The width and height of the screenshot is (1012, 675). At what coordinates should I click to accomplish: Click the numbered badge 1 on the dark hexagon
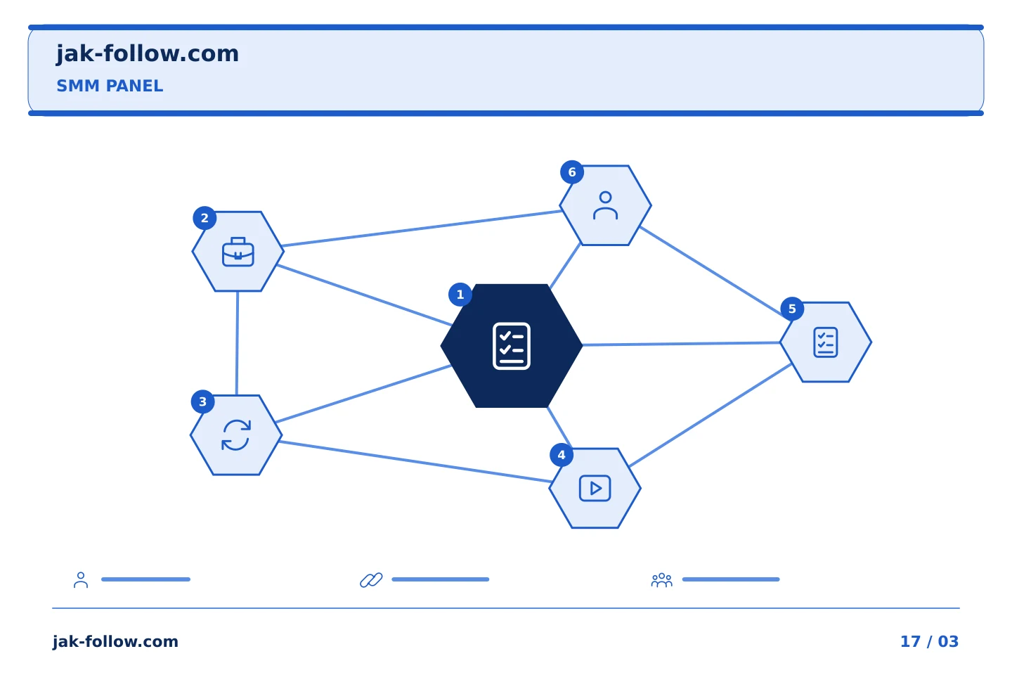click(460, 295)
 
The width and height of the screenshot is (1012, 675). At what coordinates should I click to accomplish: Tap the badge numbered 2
click(205, 219)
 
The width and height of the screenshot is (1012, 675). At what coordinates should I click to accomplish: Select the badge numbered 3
click(203, 401)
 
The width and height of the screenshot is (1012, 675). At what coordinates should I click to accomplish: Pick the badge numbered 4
click(562, 455)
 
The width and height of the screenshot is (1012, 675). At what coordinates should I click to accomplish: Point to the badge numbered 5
click(792, 309)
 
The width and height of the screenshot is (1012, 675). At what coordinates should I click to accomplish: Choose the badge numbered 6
click(572, 172)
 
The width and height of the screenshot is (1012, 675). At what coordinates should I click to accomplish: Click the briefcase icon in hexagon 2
click(238, 252)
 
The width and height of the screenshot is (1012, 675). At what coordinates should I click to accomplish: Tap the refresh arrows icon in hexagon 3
click(236, 435)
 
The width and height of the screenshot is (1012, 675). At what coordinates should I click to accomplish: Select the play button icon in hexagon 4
click(595, 488)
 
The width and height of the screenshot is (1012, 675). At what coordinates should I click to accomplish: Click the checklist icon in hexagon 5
click(825, 342)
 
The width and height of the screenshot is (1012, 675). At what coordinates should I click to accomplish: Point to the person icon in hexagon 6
click(605, 205)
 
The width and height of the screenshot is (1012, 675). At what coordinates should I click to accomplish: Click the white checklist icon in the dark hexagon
click(512, 346)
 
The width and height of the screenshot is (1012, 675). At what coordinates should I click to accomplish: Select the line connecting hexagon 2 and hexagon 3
click(238, 343)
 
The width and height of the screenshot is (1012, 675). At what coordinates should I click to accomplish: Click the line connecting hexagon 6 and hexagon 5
click(711, 271)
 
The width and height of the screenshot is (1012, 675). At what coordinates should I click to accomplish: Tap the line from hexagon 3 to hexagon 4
click(415, 462)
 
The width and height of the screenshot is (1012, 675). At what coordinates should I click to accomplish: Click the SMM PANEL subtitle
click(110, 86)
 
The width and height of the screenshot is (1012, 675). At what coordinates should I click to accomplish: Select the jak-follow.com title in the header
click(148, 53)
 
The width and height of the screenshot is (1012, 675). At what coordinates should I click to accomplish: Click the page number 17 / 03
click(929, 641)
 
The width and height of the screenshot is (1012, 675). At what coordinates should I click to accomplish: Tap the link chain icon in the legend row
click(371, 580)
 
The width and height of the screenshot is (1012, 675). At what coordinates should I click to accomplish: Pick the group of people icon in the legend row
click(662, 580)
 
